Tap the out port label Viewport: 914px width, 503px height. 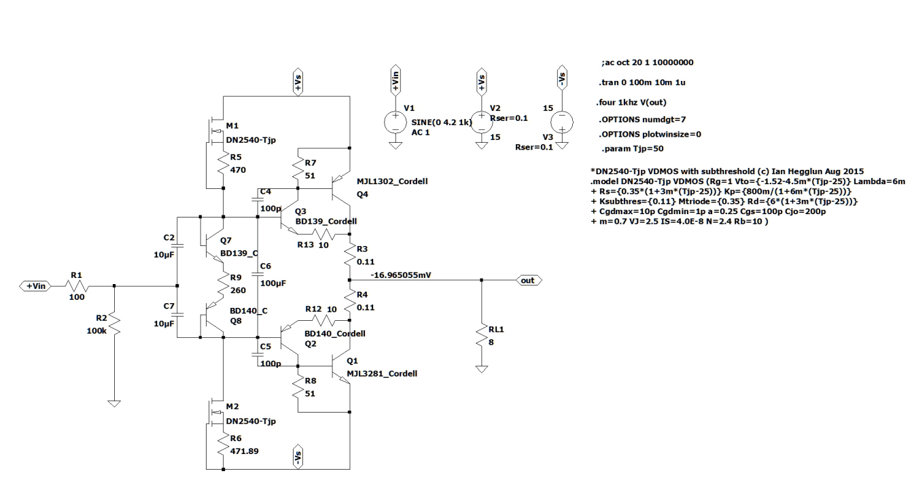pyautogui.click(x=527, y=279)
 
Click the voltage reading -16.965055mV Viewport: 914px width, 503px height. pyautogui.click(x=402, y=275)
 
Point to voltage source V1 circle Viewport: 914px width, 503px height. pyautogui.click(x=394, y=122)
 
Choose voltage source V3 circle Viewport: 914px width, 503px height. pyautogui.click(x=561, y=122)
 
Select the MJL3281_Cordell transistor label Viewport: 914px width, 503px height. pyautogui.click(x=381, y=374)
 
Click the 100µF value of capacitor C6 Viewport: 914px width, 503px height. pyautogui.click(x=273, y=282)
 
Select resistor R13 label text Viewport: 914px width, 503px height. pyautogui.click(x=304, y=245)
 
